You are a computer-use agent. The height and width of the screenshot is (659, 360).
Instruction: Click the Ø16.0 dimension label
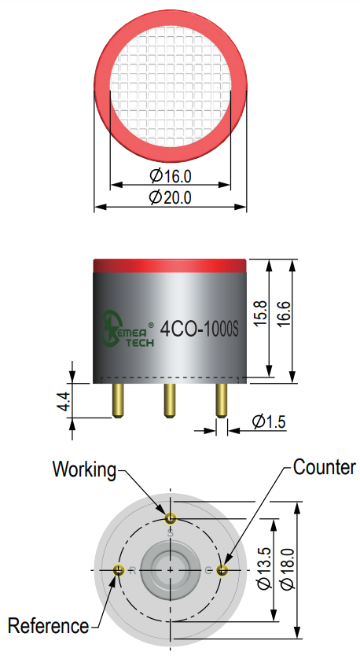[x=171, y=176]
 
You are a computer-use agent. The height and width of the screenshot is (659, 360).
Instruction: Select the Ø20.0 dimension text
[x=171, y=197]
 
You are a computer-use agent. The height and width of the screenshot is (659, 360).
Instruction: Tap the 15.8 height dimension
[x=261, y=313]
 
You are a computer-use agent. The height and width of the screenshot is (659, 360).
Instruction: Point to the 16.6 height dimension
[x=284, y=313]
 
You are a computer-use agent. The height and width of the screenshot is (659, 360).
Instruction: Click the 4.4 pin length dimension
[x=64, y=400]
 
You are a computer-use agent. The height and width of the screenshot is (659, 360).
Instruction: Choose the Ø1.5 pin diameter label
[x=270, y=422]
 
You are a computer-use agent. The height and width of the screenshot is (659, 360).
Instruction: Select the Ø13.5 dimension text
[x=265, y=569]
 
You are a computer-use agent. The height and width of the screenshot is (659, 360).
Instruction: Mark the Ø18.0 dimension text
[x=288, y=569]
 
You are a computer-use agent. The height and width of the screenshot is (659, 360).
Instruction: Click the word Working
[x=84, y=469]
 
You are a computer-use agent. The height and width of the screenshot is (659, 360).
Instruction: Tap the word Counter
[x=325, y=467]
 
